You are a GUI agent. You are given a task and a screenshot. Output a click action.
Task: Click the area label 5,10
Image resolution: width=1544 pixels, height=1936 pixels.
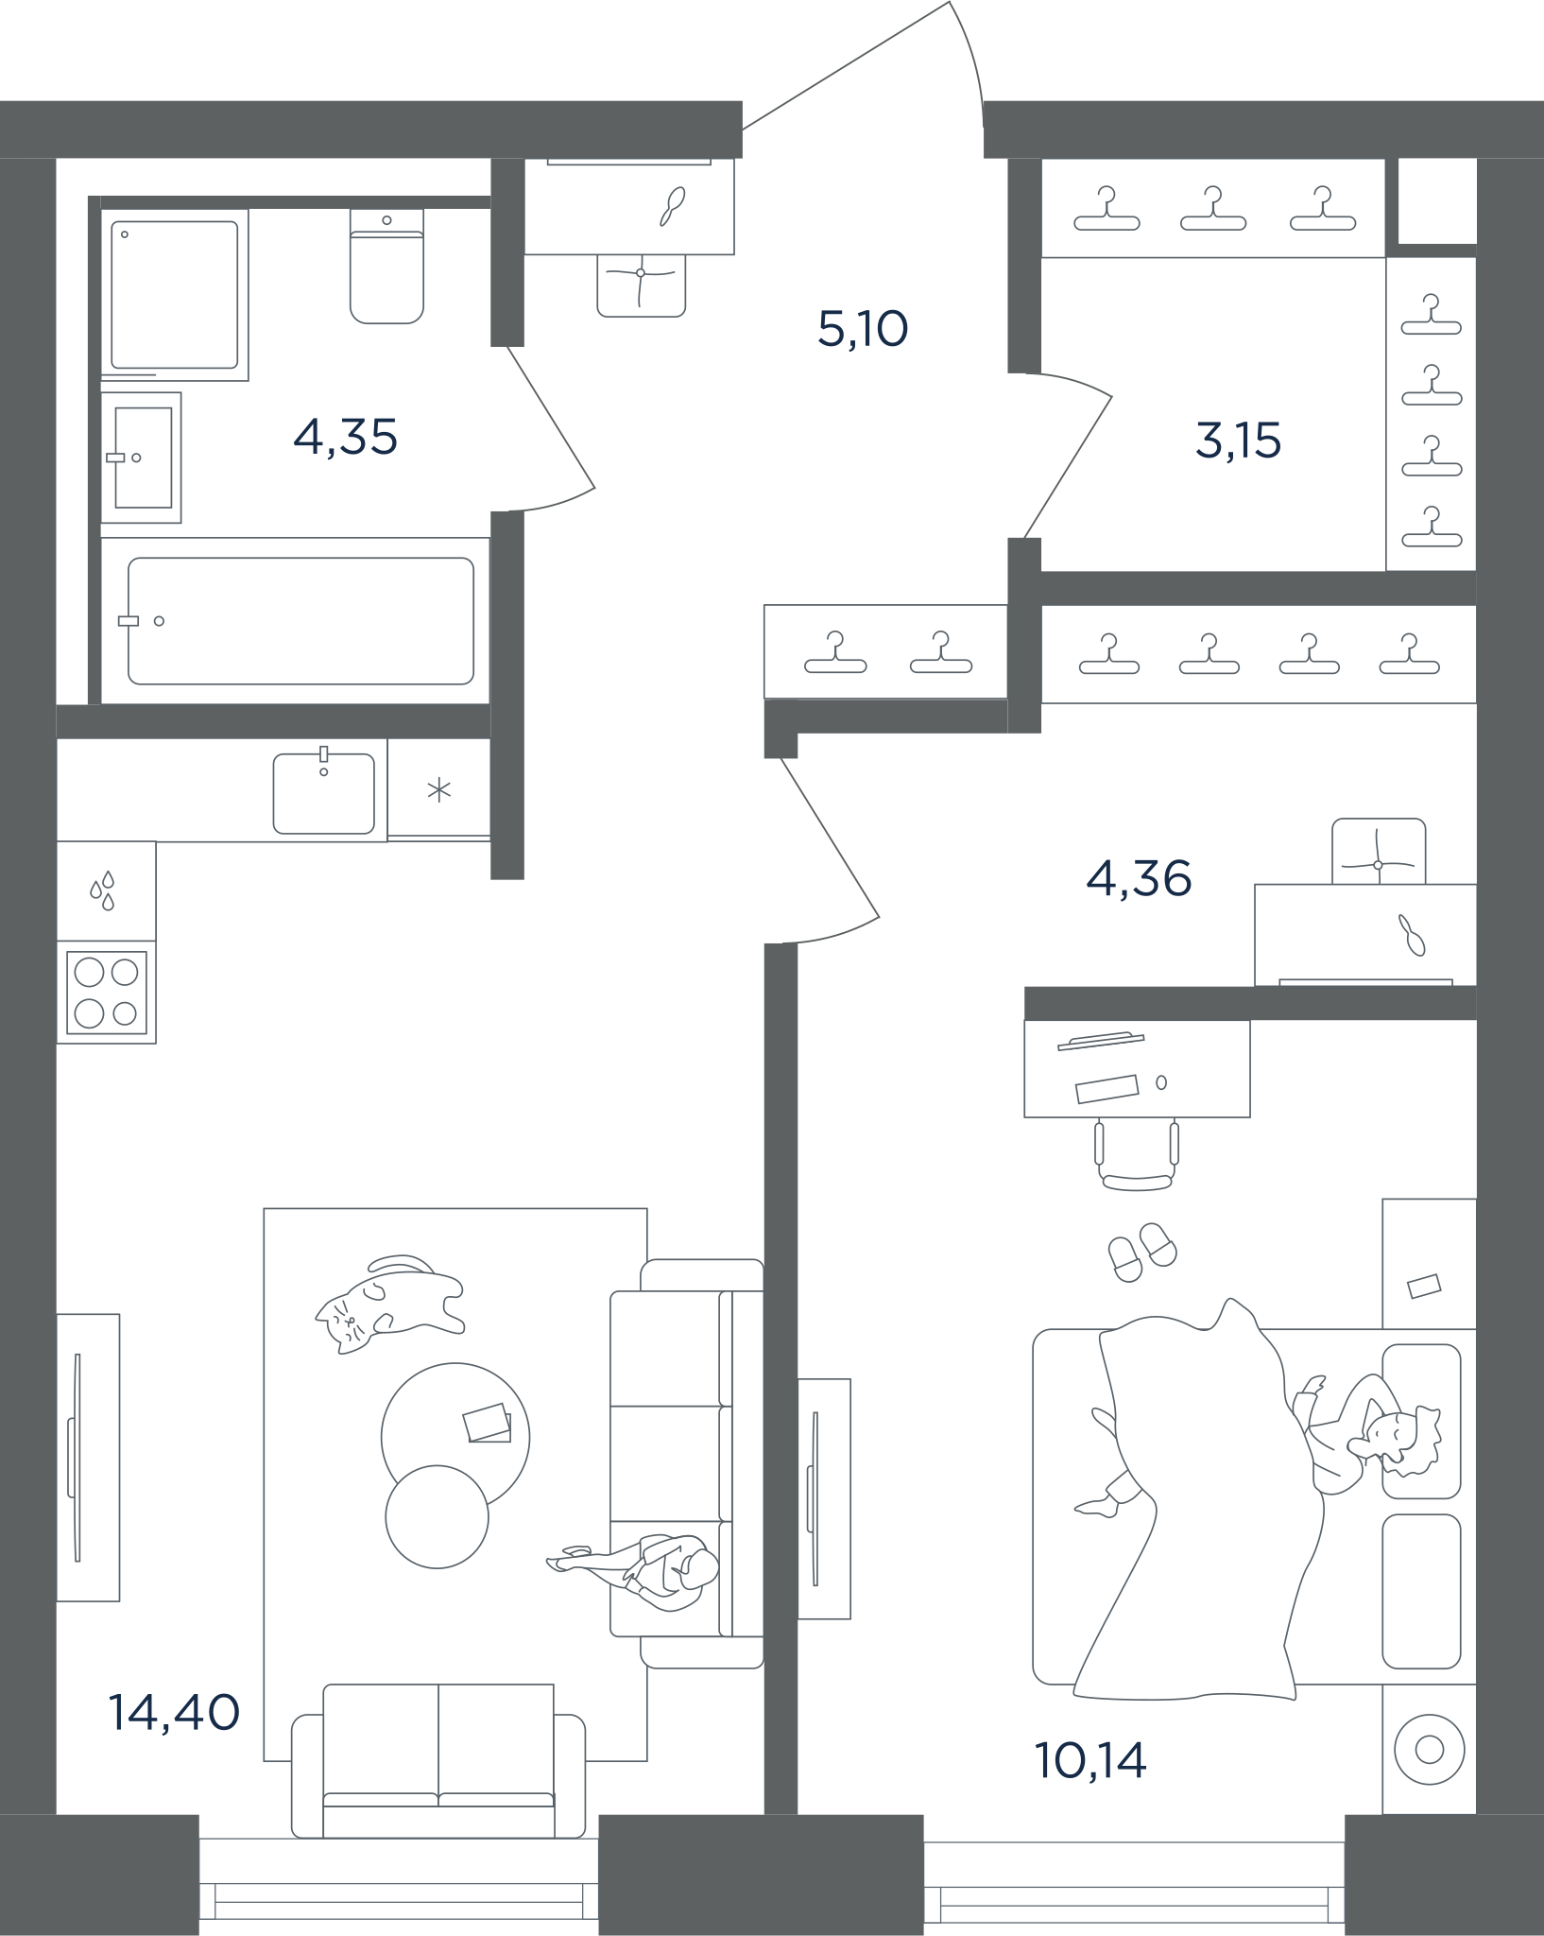(x=863, y=329)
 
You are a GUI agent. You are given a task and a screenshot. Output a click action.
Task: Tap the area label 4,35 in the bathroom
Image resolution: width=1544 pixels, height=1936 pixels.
(x=345, y=438)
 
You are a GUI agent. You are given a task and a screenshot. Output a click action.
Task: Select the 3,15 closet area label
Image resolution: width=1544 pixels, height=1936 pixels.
(x=1238, y=441)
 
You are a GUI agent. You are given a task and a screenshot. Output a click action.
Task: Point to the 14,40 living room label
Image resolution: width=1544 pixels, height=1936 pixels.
(x=174, y=1712)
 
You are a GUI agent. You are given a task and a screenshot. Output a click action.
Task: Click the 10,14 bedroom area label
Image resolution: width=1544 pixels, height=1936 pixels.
(x=1090, y=1760)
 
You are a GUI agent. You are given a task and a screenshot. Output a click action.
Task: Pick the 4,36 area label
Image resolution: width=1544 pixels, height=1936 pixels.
(x=1139, y=879)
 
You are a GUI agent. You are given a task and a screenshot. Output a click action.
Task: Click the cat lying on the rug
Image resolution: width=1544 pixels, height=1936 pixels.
(x=389, y=1304)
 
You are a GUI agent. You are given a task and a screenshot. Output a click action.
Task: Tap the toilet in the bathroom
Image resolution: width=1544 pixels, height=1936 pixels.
(x=386, y=266)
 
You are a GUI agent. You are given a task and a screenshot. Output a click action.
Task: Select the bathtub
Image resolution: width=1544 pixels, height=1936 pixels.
(x=300, y=621)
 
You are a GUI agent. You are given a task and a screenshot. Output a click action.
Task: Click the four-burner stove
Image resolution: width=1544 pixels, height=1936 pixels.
(x=107, y=993)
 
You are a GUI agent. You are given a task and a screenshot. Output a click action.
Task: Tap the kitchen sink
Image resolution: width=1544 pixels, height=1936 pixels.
(x=323, y=792)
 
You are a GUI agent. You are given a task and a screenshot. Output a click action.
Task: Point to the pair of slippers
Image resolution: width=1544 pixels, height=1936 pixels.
(x=1142, y=1252)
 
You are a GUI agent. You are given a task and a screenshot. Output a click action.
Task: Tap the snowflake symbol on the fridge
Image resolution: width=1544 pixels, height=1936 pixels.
(x=438, y=790)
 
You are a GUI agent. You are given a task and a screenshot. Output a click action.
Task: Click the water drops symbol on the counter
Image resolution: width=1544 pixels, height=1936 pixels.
(x=102, y=890)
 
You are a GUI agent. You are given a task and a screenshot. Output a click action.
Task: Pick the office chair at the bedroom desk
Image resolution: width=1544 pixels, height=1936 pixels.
(x=1137, y=1153)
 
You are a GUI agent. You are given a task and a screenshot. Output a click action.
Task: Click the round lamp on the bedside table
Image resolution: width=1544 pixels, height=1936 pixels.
(x=1429, y=1750)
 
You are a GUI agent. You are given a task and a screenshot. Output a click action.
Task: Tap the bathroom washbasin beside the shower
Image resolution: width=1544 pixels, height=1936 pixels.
(x=142, y=458)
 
